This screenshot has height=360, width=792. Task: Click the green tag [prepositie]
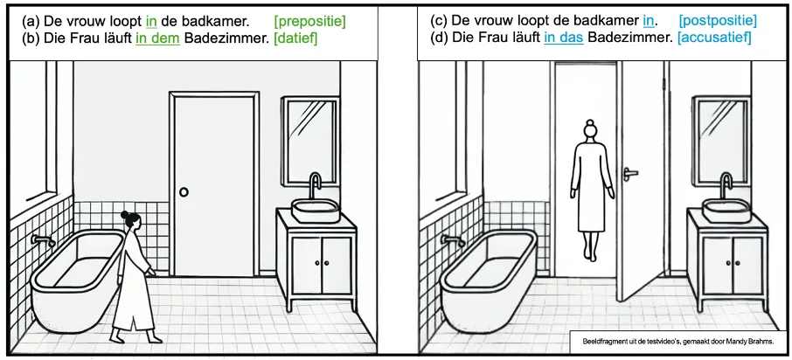(x=309, y=22)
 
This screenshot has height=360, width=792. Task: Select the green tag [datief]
(x=295, y=38)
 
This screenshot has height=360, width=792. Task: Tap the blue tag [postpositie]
(x=718, y=21)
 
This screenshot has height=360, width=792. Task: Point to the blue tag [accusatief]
(x=710, y=38)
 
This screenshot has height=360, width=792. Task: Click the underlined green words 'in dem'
(x=157, y=38)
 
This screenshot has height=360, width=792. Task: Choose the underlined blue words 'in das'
(x=564, y=38)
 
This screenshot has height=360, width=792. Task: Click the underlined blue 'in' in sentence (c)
(x=649, y=21)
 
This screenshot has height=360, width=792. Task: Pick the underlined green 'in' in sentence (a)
(x=151, y=22)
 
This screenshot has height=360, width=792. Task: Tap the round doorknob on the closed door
(x=184, y=192)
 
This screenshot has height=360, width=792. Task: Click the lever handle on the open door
(x=630, y=174)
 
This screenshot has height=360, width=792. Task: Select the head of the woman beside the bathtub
(x=130, y=219)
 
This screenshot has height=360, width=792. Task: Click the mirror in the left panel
(x=310, y=140)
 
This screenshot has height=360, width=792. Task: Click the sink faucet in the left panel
(x=316, y=185)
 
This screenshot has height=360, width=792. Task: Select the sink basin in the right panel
(x=726, y=211)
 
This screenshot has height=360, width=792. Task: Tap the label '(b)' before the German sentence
(x=31, y=38)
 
